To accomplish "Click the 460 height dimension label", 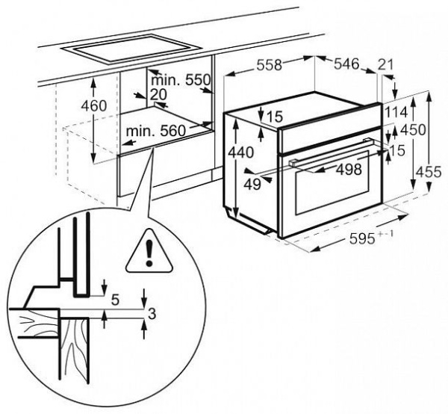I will [x=94, y=105].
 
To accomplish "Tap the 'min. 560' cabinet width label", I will [x=155, y=132].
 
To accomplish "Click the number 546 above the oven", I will [x=346, y=65].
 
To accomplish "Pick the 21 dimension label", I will [x=386, y=66].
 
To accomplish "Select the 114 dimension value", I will [x=396, y=111].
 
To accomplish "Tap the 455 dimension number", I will [x=429, y=171].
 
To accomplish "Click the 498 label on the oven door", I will [x=348, y=170].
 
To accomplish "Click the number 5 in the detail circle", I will [x=116, y=300].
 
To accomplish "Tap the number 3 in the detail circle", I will [x=151, y=314].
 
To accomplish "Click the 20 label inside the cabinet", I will [x=157, y=95].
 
